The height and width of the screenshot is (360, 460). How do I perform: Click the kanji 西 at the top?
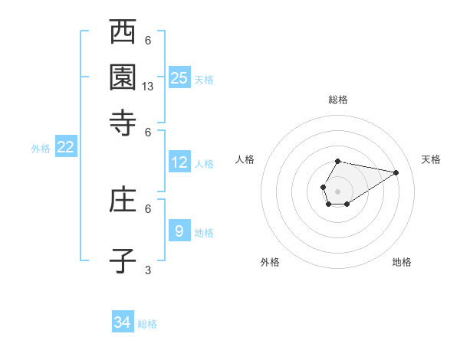point(123,33)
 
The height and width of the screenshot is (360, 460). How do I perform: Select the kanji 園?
point(123,77)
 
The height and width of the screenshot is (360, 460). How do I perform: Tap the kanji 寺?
point(123,122)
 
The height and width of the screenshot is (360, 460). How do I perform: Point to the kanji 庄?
point(123,201)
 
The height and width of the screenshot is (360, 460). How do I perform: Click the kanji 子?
point(123,260)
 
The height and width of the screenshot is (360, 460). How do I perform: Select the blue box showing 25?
point(179,77)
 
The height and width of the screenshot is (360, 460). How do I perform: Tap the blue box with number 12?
point(179,162)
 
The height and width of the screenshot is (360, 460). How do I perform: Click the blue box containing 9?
point(179,230)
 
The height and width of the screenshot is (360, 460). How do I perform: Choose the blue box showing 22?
point(65,147)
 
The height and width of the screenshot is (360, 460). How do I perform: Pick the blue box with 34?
point(123,322)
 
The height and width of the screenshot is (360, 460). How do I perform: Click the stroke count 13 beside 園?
point(149,87)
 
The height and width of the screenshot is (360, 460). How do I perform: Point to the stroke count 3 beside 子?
point(148,270)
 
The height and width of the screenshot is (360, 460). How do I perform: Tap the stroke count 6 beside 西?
point(148,41)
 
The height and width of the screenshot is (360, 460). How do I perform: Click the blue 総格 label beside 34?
point(147,324)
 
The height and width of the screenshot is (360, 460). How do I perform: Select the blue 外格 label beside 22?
point(41,149)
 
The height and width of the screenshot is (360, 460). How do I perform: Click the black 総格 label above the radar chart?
point(337,100)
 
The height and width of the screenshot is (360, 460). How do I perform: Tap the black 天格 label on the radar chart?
point(431,159)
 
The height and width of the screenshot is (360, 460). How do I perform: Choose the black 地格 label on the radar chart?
point(402,262)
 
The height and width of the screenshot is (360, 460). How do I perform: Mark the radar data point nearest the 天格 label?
point(396,172)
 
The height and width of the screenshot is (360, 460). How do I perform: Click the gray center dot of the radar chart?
point(337,190)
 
